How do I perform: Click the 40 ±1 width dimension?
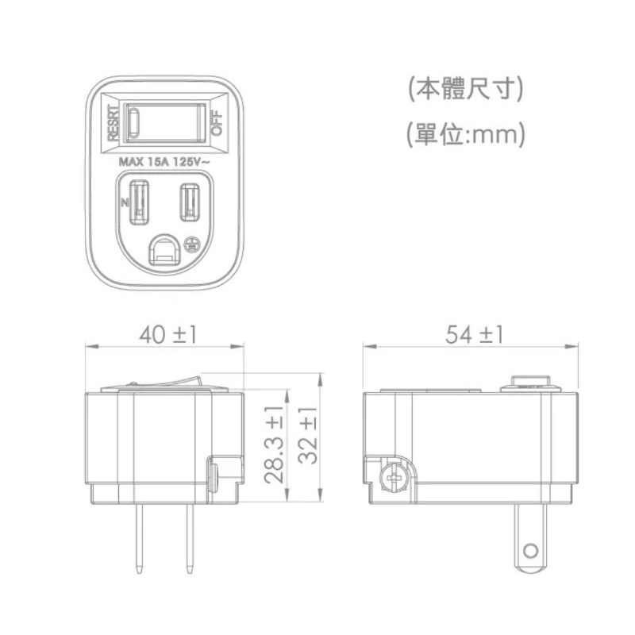tap(168, 335)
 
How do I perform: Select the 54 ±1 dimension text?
tap(474, 335)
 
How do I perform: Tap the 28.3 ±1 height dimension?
tap(274, 444)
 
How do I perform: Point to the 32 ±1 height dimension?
tap(309, 435)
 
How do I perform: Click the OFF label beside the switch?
tap(217, 123)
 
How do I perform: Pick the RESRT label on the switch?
tap(114, 123)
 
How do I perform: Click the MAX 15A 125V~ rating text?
tap(164, 162)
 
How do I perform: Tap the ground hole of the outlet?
tap(164, 250)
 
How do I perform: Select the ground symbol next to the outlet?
tap(190, 245)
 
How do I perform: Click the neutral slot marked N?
tap(139, 202)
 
